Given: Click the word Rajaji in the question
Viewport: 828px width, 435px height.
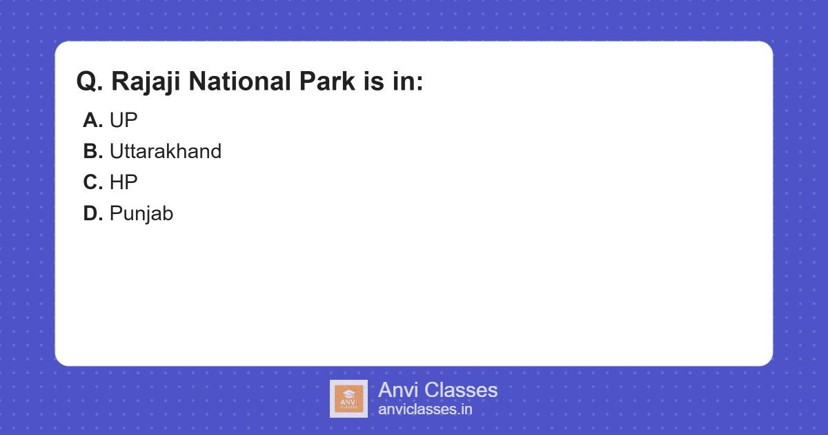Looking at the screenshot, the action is (146, 81).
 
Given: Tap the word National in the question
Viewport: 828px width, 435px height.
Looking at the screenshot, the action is (239, 81).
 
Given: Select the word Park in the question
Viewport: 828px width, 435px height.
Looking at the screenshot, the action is (327, 81).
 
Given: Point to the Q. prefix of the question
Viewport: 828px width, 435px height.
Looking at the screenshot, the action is (90, 81).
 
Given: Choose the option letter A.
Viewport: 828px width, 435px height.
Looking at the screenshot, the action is (92, 120).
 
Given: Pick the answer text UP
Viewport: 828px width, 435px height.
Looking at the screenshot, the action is (124, 120).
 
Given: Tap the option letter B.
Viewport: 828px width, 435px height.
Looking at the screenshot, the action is (92, 151).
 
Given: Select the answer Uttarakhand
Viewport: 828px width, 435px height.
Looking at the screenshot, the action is (166, 151).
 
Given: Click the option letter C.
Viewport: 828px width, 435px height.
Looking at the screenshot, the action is (92, 182).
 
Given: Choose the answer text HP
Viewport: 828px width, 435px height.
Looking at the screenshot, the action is (124, 182).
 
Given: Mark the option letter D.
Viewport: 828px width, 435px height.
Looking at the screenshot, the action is (92, 213).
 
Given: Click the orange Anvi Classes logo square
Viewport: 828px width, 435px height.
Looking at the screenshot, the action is (348, 399).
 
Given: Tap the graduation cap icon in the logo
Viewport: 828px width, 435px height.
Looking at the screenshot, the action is (348, 393).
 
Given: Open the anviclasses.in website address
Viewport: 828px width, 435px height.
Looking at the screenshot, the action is (425, 409).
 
